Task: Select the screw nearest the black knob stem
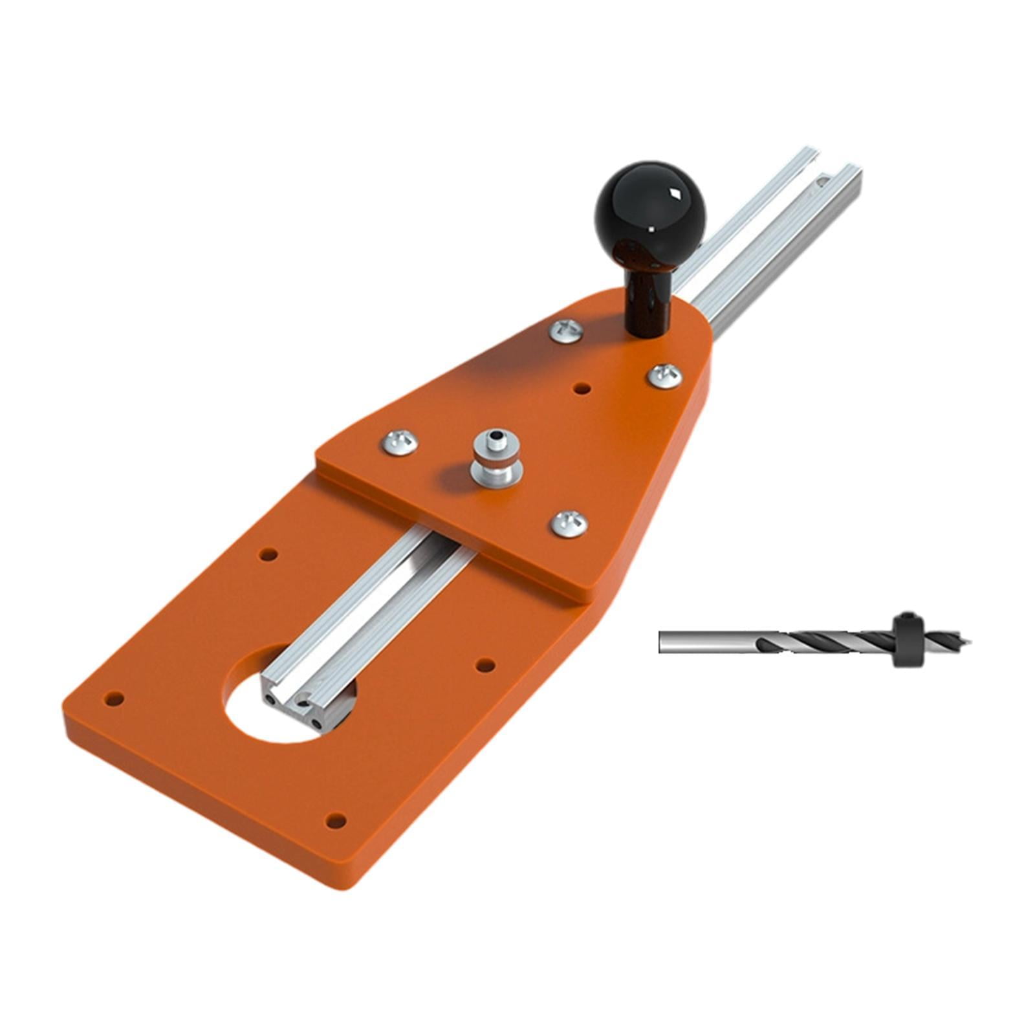click(566, 331)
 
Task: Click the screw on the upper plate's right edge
click(665, 375)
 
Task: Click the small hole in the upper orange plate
click(582, 389)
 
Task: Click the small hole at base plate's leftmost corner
click(114, 699)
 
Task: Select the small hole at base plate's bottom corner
click(334, 821)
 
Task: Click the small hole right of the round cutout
click(485, 664)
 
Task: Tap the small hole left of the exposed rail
click(268, 554)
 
